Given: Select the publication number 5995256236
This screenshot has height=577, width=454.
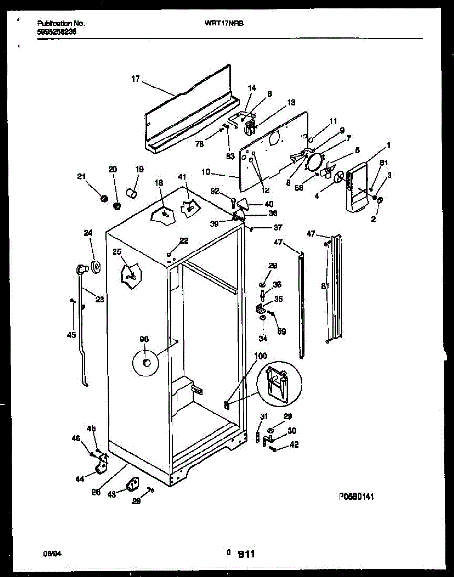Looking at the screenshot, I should pos(56,32).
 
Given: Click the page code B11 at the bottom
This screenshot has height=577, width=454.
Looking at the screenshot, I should pos(246,555).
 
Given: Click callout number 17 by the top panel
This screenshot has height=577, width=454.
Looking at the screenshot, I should pos(136,79).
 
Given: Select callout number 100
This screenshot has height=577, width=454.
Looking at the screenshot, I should pos(260,356).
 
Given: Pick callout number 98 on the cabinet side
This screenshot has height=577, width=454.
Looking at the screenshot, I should pos(144,339).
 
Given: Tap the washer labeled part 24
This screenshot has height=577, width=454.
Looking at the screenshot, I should pos(94,266).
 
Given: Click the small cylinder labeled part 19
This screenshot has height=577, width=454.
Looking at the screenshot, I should pos(130,193).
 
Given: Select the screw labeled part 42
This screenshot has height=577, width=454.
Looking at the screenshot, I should pos(273,449).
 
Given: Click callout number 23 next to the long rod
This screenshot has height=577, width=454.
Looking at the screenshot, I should pos(99,299).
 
